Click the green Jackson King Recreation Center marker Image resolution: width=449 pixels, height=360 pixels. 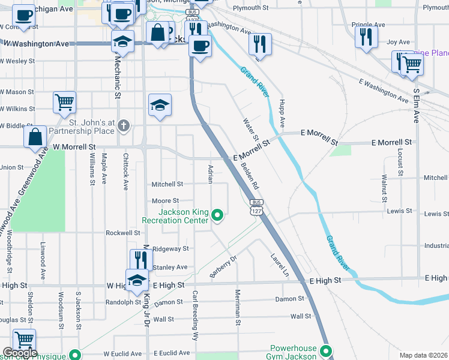[x=218, y=214]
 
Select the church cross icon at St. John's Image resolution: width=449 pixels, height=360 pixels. [x=124, y=125]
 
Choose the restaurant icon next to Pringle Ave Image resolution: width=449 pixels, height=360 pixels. [x=365, y=37]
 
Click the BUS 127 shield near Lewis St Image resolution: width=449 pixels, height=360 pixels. [x=256, y=208]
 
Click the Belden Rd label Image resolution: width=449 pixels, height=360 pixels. [x=250, y=175]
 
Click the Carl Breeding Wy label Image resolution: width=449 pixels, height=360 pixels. [x=195, y=316]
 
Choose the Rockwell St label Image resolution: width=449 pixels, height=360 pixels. [x=122, y=233]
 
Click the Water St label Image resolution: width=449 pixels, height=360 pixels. [x=249, y=129]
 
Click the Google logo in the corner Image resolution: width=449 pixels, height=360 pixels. [x=20, y=353]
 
